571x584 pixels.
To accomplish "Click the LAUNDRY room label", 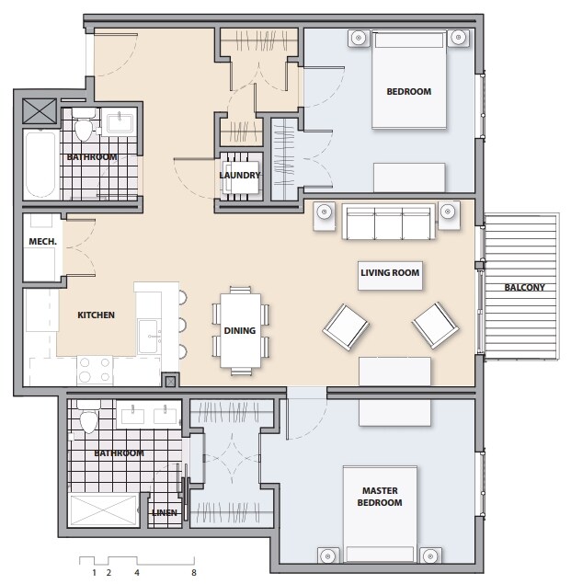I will [x=240, y=175].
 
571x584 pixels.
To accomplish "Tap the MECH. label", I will [x=43, y=242].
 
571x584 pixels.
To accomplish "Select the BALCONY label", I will [x=524, y=287].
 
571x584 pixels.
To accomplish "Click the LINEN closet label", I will [x=165, y=512].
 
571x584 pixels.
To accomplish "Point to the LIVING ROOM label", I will [x=389, y=272].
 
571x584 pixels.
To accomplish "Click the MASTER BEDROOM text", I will [x=380, y=497].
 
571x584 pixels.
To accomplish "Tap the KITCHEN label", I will [x=96, y=315].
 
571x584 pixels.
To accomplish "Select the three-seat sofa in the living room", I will [x=387, y=222].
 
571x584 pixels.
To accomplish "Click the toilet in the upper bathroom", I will [x=85, y=128].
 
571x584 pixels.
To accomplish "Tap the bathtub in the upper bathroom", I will [x=40, y=166].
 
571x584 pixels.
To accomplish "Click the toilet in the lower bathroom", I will [x=89, y=419].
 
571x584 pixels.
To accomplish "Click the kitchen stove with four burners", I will [x=94, y=370].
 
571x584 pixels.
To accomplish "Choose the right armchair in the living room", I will [x=434, y=322].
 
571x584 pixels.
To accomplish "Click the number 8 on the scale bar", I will [x=194, y=572].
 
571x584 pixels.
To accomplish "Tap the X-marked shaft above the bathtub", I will [x=40, y=112].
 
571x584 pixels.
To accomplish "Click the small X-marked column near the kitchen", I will [x=170, y=382].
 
